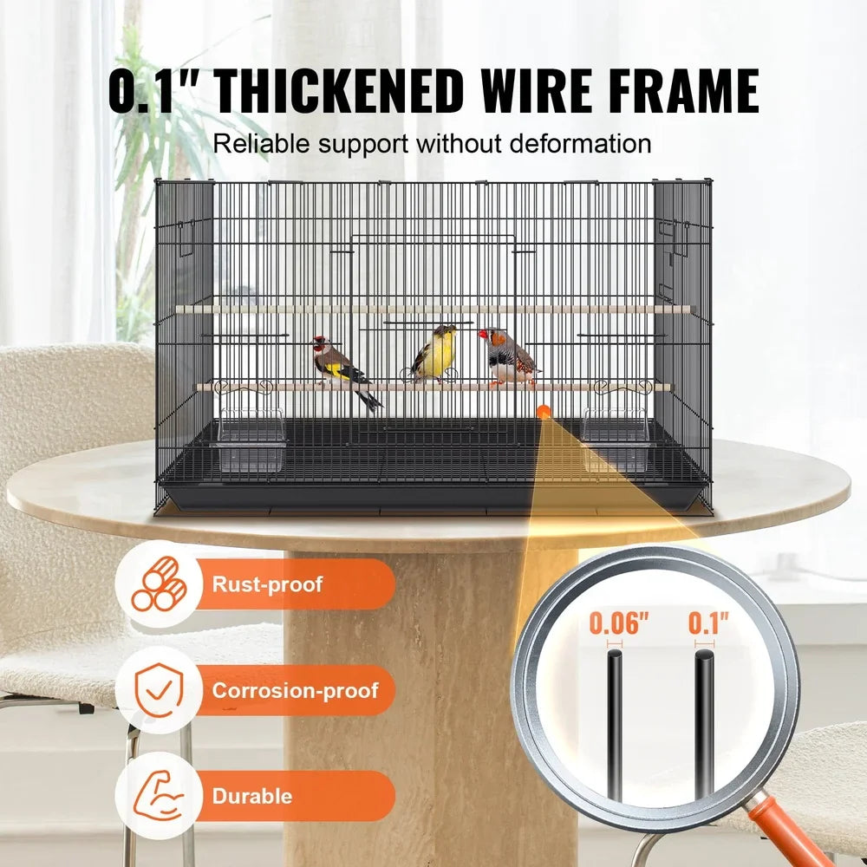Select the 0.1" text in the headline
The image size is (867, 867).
tap(157, 88)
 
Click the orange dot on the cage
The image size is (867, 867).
tap(544, 413)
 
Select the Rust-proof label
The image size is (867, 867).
tap(267, 583)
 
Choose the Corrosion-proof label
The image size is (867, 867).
tap(296, 690)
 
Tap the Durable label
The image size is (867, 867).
tap(252, 796)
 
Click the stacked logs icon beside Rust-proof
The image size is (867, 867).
tap(160, 583)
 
